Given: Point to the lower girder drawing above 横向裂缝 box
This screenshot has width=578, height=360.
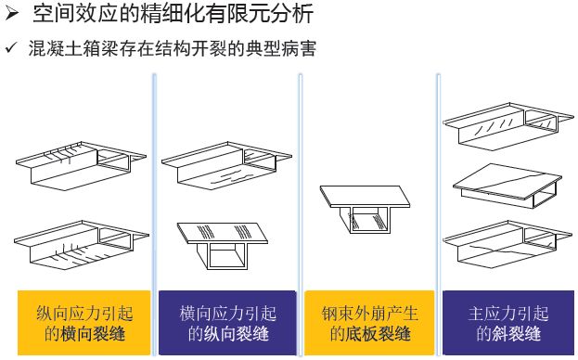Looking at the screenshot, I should point(82,245).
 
